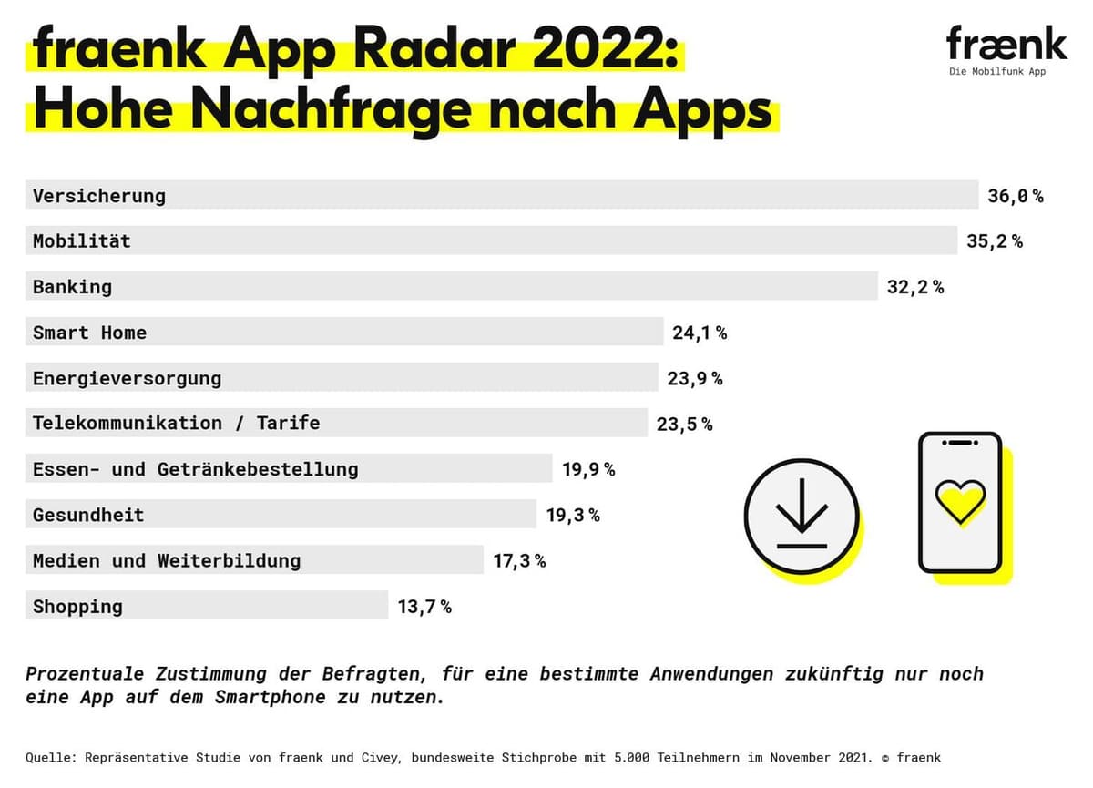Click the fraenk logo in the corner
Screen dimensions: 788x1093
(x=1006, y=43)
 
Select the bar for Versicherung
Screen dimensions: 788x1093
(x=501, y=195)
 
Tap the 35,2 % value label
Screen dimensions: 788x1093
(x=995, y=241)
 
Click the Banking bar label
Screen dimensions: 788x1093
(x=73, y=287)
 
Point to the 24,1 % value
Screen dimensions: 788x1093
(x=700, y=333)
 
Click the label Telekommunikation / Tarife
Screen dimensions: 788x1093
(x=177, y=423)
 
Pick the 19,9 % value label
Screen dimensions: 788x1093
(x=588, y=469)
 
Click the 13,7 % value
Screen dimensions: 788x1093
(x=424, y=606)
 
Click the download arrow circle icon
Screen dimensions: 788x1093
(x=802, y=516)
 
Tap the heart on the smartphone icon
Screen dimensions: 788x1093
(x=960, y=500)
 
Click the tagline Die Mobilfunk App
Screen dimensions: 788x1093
(x=996, y=72)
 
